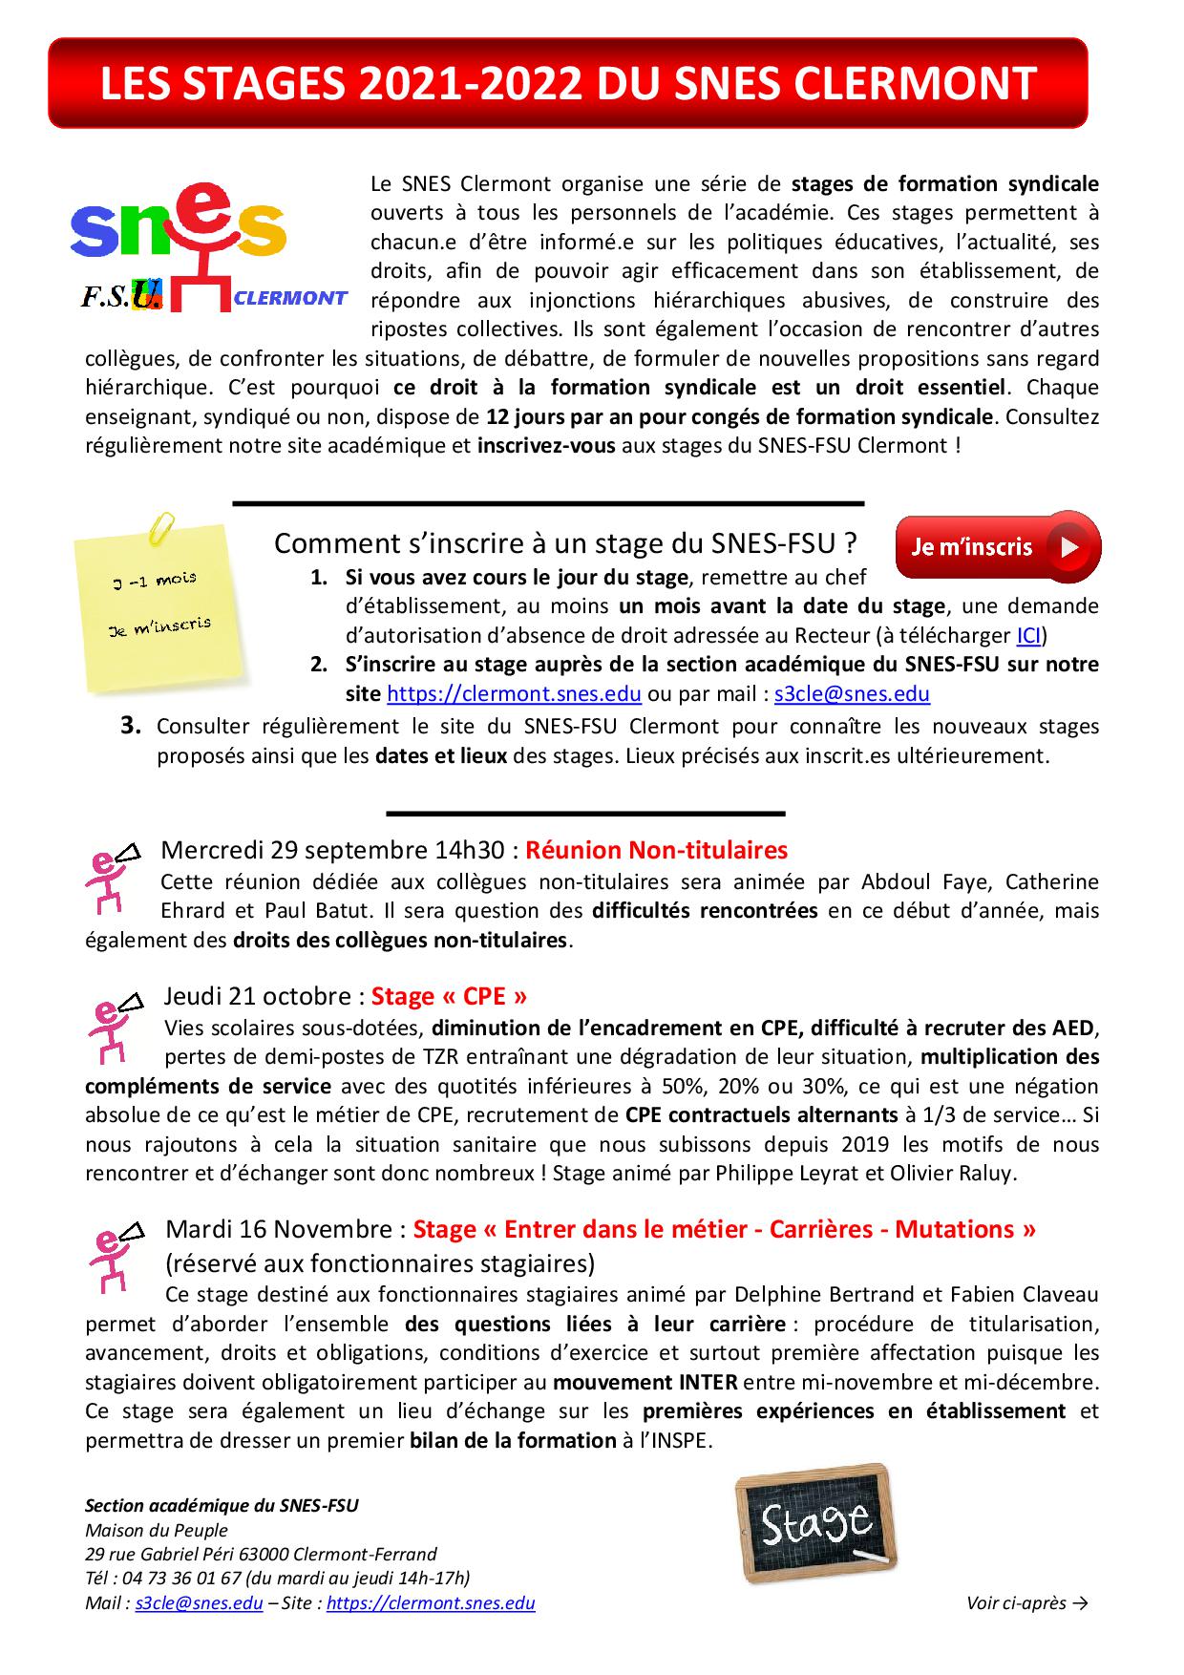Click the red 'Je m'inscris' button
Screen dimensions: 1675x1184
[997, 546]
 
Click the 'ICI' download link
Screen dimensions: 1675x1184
[1027, 635]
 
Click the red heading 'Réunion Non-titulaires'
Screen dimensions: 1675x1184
[656, 849]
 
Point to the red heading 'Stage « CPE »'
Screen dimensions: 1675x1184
[449, 996]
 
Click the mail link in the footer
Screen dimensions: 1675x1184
[199, 1603]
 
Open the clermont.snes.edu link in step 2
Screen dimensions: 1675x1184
[514, 693]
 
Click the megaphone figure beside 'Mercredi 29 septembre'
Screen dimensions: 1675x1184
[113, 877]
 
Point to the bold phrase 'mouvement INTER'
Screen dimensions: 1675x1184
[645, 1382]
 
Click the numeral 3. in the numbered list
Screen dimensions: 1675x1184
[132, 726]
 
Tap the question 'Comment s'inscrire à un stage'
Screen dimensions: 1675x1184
[564, 543]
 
